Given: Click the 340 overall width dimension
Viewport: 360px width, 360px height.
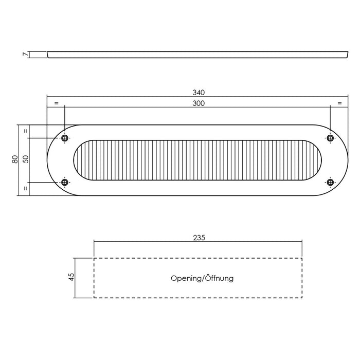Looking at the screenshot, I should click(x=199, y=93).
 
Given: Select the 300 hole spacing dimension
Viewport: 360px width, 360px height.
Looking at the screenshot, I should click(x=199, y=103).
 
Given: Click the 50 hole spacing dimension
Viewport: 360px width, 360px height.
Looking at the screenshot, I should click(x=25, y=159).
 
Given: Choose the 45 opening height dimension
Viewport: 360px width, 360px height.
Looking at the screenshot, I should click(x=72, y=277).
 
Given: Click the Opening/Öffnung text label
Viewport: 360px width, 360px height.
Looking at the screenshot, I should click(x=202, y=278).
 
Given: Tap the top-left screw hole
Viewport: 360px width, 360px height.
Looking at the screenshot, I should click(x=65, y=138).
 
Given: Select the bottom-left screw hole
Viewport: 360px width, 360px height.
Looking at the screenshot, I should click(x=65, y=182).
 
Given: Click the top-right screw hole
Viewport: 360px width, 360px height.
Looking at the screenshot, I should click(x=330, y=137).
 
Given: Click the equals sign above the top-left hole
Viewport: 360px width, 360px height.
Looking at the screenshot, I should click(x=56, y=103).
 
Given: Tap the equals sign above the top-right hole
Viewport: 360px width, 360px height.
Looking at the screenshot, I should click(x=339, y=103).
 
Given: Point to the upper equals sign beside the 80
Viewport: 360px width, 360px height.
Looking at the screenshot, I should click(x=25, y=131).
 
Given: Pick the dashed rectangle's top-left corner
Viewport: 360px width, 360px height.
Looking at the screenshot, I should click(x=94, y=258).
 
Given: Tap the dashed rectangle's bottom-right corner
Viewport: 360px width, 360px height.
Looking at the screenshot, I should click(x=302, y=298).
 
